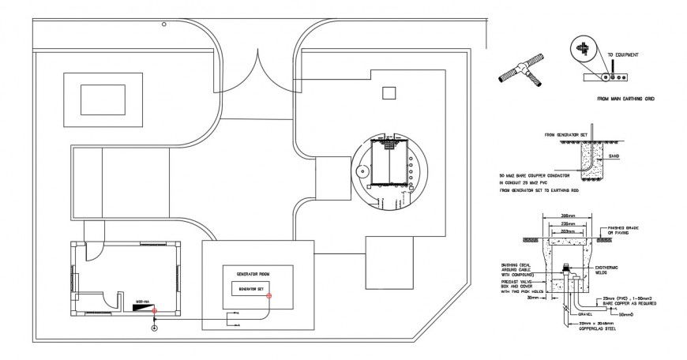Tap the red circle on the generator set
point(268,297)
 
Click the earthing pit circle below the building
point(154,328)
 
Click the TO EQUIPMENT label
point(623,55)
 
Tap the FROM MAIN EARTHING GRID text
point(626,99)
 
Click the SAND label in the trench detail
point(614,156)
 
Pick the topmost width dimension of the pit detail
point(565,216)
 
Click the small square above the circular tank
point(388,93)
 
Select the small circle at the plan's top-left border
point(164,24)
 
